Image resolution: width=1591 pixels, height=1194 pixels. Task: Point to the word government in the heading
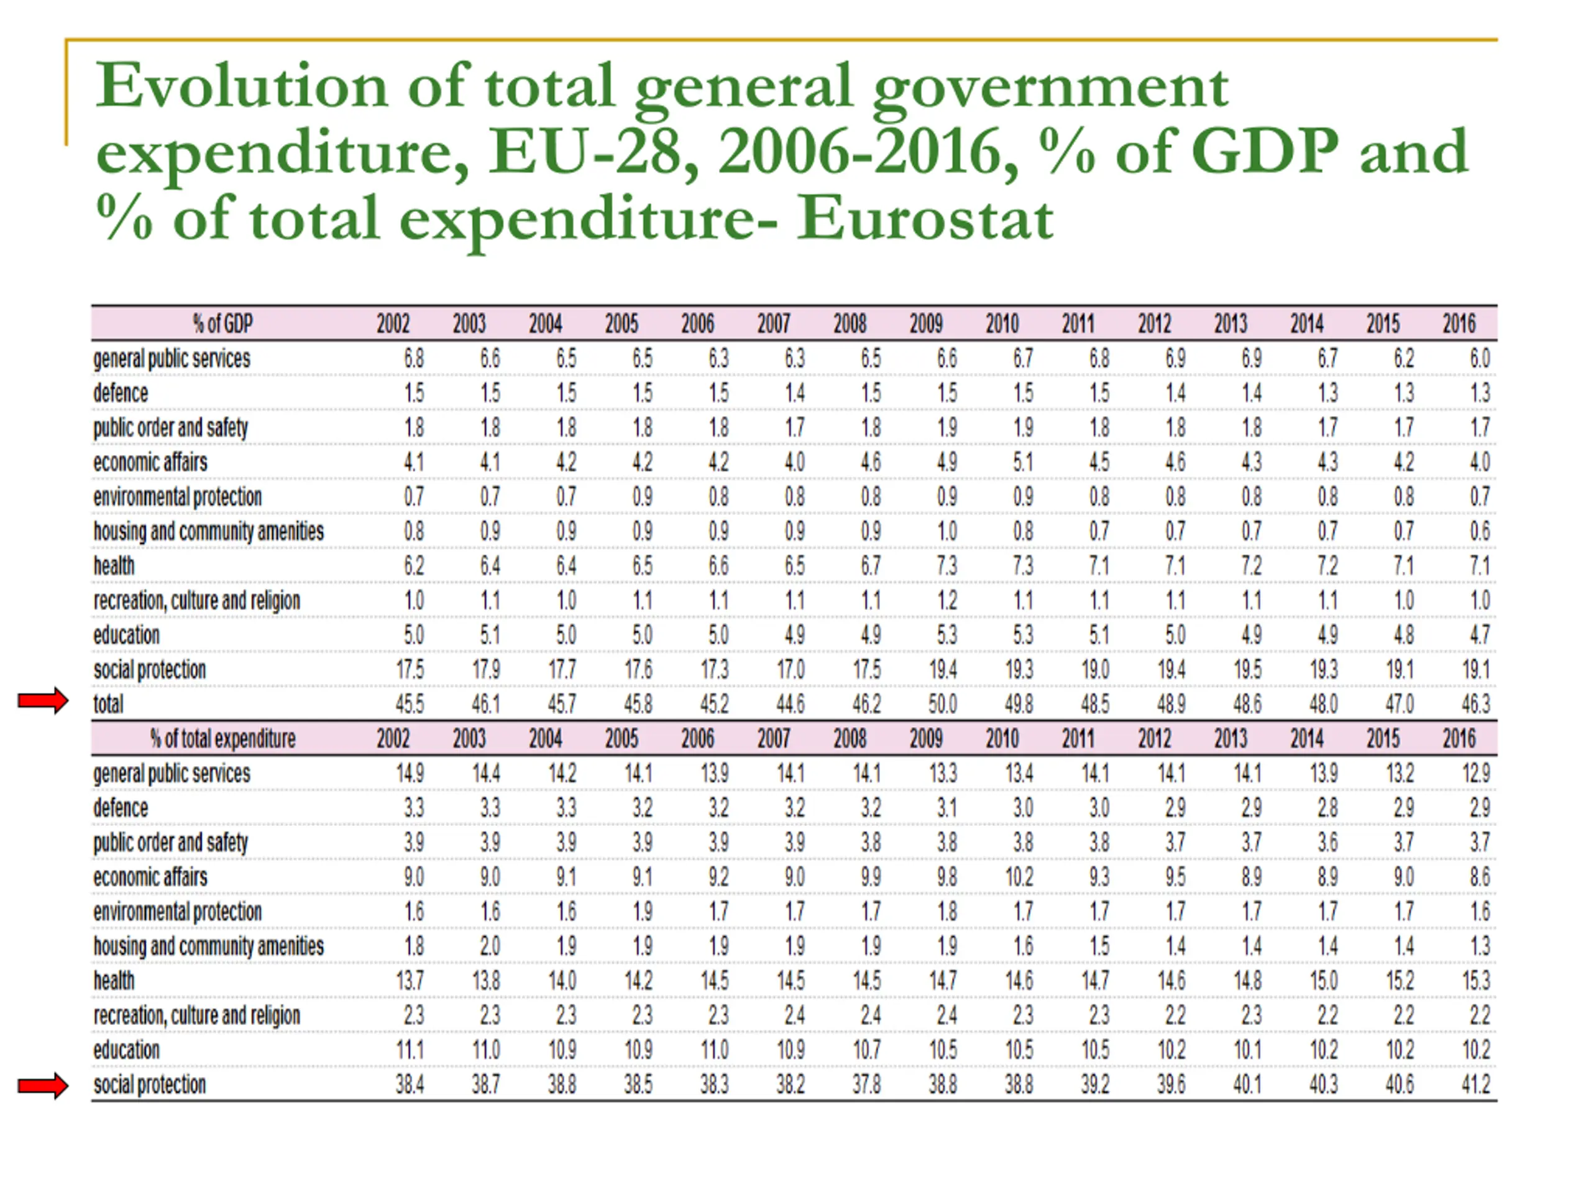(x=1051, y=88)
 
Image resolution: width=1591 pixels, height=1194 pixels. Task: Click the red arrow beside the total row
(x=43, y=700)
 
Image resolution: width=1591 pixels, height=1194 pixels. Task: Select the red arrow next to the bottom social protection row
(x=43, y=1085)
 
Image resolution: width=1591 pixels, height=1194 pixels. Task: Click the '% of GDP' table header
(x=223, y=324)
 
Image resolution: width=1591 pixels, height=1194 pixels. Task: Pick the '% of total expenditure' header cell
(x=223, y=738)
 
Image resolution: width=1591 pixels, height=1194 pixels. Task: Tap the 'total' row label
(x=109, y=704)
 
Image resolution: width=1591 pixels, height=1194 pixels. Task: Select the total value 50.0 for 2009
(x=942, y=704)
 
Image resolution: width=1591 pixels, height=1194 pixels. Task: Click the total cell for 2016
(x=1475, y=704)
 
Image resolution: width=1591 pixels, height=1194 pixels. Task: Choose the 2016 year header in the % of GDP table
(x=1459, y=324)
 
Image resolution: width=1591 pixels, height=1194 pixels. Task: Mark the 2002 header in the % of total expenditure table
(x=393, y=738)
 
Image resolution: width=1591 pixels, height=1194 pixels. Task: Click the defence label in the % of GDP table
(x=121, y=393)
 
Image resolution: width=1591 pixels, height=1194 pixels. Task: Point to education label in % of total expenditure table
(x=127, y=1050)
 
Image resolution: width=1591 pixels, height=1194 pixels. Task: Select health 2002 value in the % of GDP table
(x=413, y=566)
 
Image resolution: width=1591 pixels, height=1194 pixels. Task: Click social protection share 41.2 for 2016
(x=1475, y=1085)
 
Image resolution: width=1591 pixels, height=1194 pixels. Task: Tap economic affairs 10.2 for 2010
(x=1019, y=877)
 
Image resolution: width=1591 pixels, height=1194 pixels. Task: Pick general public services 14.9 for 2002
(x=410, y=773)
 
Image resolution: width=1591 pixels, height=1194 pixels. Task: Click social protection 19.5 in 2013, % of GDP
(x=1247, y=669)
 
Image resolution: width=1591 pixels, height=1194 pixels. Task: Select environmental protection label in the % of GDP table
(x=178, y=497)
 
